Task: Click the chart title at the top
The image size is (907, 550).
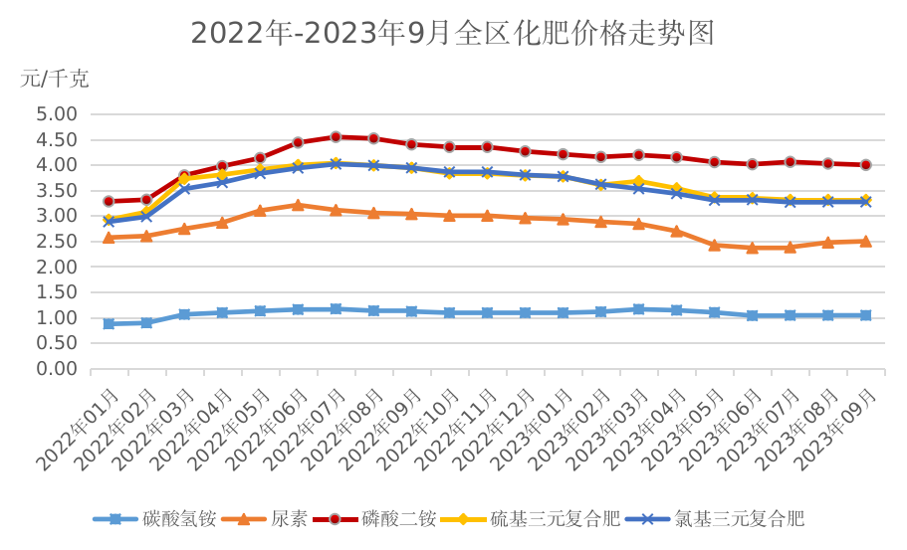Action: [453, 33]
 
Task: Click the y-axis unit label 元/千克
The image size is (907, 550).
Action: [55, 79]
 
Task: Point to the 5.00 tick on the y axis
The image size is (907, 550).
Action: [57, 114]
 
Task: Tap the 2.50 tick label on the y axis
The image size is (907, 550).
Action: [57, 242]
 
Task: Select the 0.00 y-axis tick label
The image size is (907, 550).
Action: [57, 369]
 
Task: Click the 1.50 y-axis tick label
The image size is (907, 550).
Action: [57, 292]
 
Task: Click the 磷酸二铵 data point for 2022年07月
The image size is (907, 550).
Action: [336, 136]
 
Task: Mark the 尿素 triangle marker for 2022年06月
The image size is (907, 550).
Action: [298, 205]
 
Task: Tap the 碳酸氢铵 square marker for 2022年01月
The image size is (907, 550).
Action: [109, 324]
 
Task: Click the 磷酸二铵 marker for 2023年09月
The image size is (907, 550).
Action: [865, 165]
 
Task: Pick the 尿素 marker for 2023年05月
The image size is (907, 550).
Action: [714, 245]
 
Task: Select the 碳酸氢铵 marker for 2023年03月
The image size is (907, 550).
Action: [638, 309]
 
